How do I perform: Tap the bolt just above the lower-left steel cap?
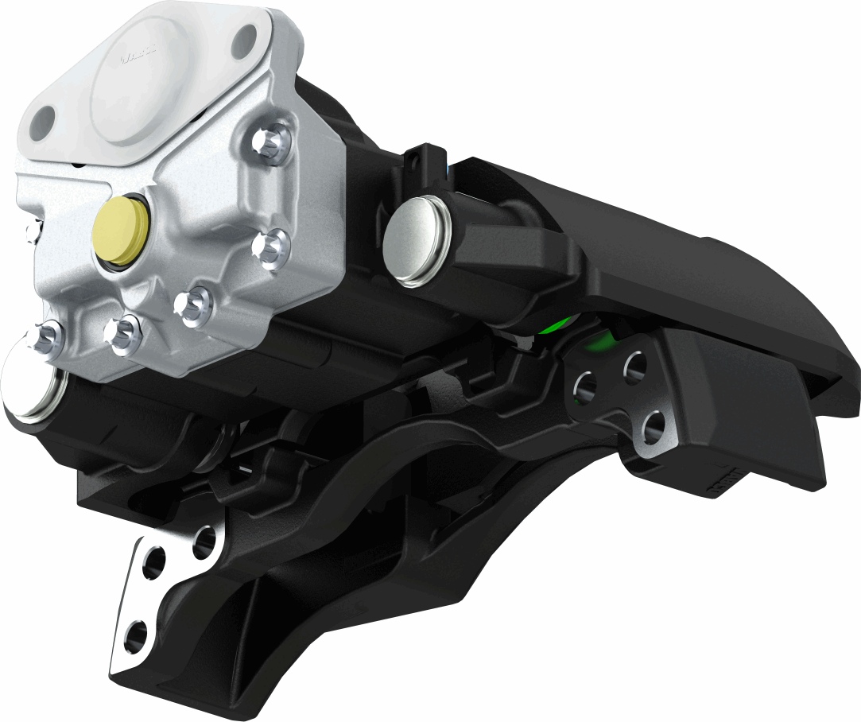point(45,337)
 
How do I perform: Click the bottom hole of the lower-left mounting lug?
point(136,635)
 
